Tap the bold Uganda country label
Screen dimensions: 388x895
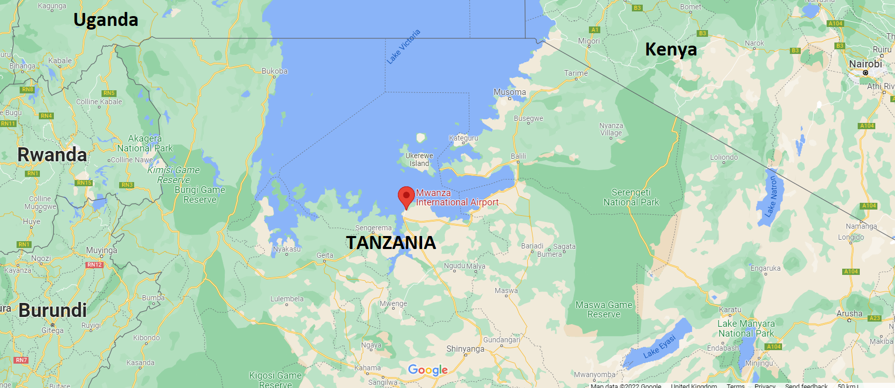[x=106, y=20]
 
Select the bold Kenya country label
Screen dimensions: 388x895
[x=671, y=49]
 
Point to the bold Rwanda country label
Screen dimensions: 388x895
[x=52, y=155]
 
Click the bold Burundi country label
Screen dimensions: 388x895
[x=53, y=310]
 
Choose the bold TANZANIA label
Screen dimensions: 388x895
[x=391, y=243]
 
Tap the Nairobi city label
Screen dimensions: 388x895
[x=865, y=64]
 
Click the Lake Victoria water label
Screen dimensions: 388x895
[x=403, y=47]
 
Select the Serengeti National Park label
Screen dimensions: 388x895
[x=631, y=197]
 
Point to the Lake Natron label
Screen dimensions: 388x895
[x=771, y=197]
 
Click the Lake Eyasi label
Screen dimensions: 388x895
[x=659, y=347]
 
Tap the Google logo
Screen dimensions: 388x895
[x=428, y=370]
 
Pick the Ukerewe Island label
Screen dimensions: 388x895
[x=419, y=159]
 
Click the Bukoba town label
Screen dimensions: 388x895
[x=275, y=71]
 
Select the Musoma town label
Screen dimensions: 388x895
[x=510, y=92]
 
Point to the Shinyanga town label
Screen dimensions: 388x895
[x=465, y=349]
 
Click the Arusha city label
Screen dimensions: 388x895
[x=849, y=314]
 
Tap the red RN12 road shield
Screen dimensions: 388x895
[x=95, y=265]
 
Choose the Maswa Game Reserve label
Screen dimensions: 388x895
[x=603, y=310]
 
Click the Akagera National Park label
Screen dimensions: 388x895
[x=145, y=143]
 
